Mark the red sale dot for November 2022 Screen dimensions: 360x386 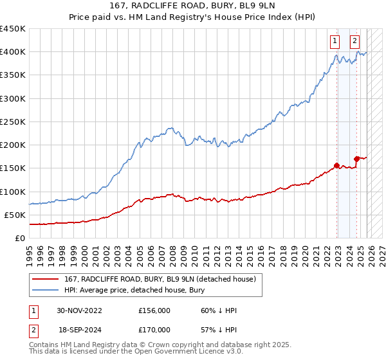coord(336,165)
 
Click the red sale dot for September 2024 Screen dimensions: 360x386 coord(356,158)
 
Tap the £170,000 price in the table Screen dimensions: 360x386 coord(154,329)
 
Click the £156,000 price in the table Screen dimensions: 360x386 coord(154,310)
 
